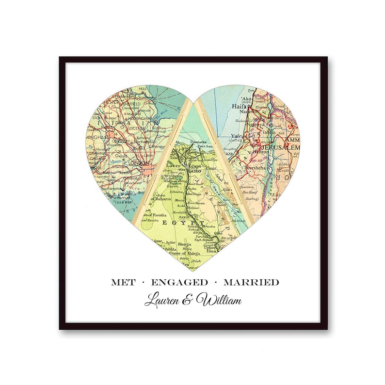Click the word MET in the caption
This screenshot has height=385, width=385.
tap(123, 282)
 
